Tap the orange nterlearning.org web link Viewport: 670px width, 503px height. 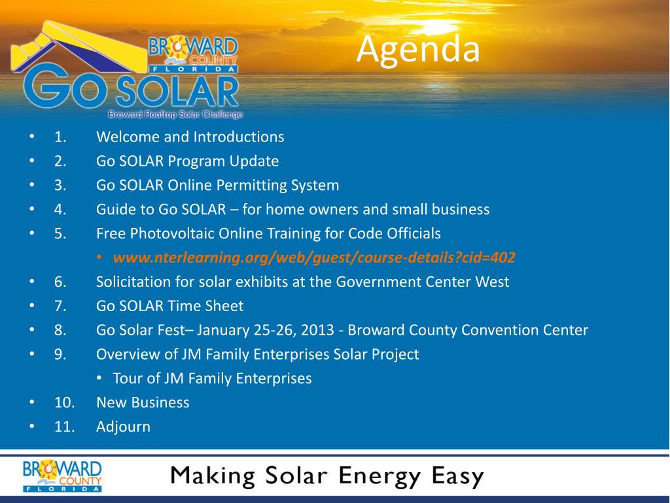314,257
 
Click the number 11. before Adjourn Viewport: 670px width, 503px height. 65,426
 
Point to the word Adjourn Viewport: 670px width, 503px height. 124,427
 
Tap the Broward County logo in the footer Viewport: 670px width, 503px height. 62,475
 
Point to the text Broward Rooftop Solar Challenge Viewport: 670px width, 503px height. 175,114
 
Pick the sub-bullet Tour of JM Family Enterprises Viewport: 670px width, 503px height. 213,379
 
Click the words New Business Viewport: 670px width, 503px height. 143,403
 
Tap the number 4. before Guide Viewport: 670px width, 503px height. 60,209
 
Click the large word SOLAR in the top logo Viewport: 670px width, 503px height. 177,91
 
